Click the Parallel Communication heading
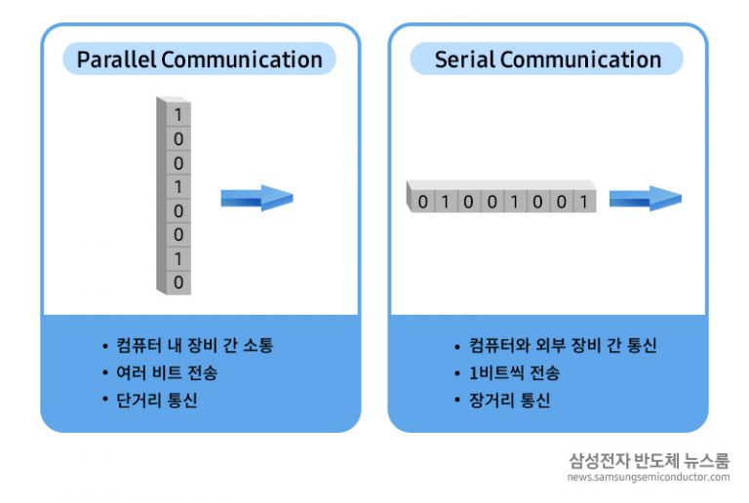pos(200,59)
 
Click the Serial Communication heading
pos(547,59)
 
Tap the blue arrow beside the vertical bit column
pos(256,198)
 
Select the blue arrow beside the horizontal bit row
pos(645,199)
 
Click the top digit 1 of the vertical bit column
pos(178,115)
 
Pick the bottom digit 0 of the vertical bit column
pos(178,282)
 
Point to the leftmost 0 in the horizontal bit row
pos(422,202)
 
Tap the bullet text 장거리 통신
pos(509,401)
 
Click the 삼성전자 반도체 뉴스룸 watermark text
pos(649,460)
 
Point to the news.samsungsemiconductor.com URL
pos(649,478)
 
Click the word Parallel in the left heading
pos(116,59)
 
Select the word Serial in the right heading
pos(464,59)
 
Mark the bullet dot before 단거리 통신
pos(104,401)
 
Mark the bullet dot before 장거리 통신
pos(456,401)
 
